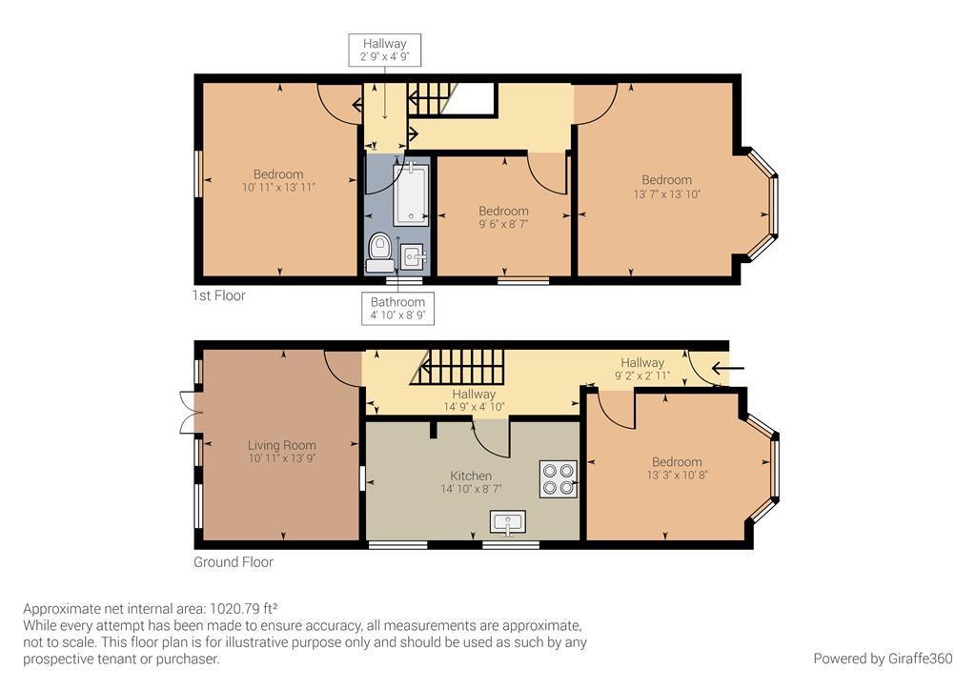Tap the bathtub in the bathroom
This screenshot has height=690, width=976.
click(x=411, y=193)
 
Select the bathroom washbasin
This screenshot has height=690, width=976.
click(x=413, y=256)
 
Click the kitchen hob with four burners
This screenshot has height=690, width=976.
click(x=559, y=478)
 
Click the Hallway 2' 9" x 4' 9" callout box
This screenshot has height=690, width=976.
click(x=384, y=51)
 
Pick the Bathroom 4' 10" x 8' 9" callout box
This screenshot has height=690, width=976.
click(x=397, y=309)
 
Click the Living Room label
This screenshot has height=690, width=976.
click(x=281, y=445)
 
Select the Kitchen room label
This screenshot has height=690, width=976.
click(x=471, y=476)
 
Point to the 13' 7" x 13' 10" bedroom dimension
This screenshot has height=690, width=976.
click(x=666, y=193)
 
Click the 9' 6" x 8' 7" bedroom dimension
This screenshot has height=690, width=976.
click(x=503, y=224)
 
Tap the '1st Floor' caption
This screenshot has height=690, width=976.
click(x=218, y=295)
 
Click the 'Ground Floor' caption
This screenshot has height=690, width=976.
click(x=234, y=562)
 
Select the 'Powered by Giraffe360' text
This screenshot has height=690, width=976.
click(x=883, y=659)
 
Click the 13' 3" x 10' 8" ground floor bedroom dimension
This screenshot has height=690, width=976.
click(x=677, y=475)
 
